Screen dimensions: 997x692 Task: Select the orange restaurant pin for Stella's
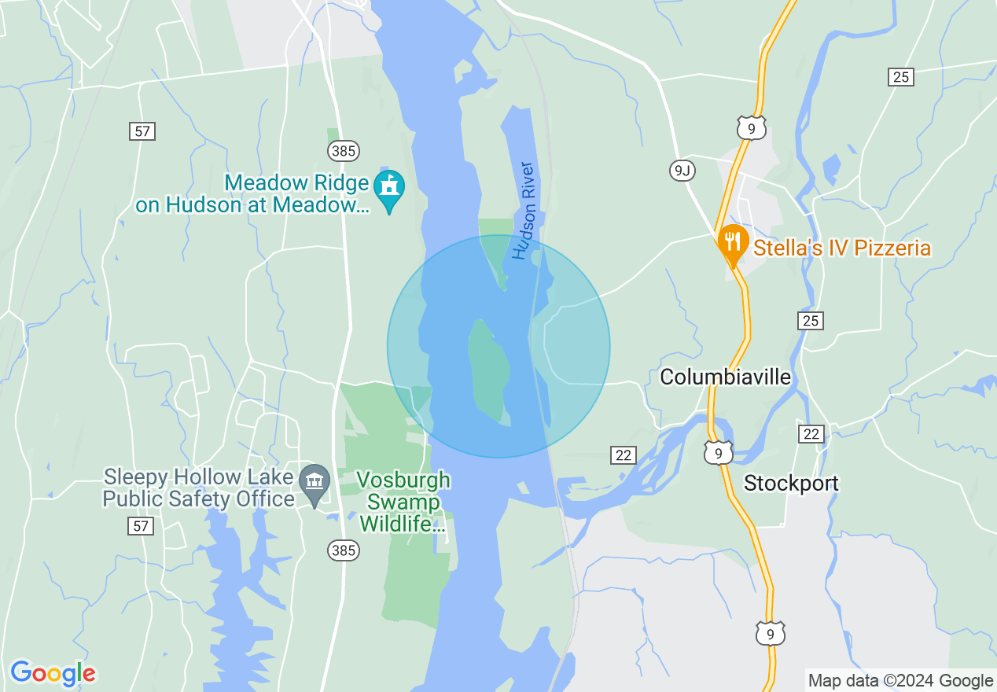pyautogui.click(x=732, y=241)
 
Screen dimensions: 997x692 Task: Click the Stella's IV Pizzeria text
pyautogui.click(x=842, y=248)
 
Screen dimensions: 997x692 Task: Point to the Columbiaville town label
pyautogui.click(x=725, y=377)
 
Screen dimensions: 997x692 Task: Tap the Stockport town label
pyautogui.click(x=791, y=483)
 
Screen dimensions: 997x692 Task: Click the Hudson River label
pyautogui.click(x=524, y=211)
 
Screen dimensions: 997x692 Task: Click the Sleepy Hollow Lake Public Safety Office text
pyautogui.click(x=200, y=488)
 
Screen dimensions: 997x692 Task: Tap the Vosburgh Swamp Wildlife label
pyautogui.click(x=403, y=502)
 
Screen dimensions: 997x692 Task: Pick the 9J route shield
pyautogui.click(x=682, y=170)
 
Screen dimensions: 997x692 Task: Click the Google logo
pyautogui.click(x=53, y=672)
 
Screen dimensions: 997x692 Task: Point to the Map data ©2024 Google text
pyautogui.click(x=901, y=681)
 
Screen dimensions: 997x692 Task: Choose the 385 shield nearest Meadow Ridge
pyautogui.click(x=344, y=150)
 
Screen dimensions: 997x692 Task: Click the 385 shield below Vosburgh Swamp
pyautogui.click(x=344, y=550)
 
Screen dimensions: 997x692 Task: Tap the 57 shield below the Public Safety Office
pyautogui.click(x=141, y=526)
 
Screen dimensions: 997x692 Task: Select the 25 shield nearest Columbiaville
pyautogui.click(x=811, y=320)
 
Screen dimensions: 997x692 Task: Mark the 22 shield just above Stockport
pyautogui.click(x=811, y=434)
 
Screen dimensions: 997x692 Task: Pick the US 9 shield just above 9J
pyautogui.click(x=752, y=128)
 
